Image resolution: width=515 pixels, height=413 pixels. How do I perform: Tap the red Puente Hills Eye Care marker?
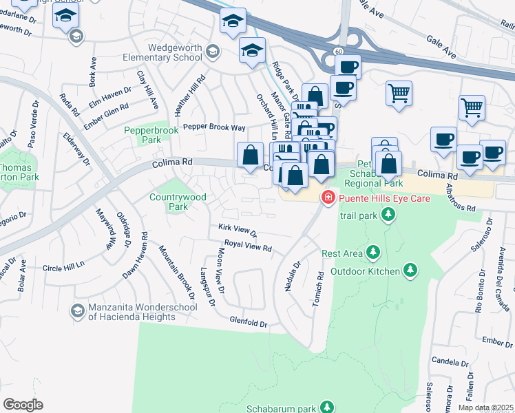click(328, 198)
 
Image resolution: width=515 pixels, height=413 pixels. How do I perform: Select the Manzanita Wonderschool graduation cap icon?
click(78, 312)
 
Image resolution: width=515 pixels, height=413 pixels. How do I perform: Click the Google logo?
click(23, 405)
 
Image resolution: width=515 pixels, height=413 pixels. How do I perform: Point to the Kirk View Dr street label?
click(237, 231)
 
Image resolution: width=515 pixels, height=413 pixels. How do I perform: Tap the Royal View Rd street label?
click(248, 245)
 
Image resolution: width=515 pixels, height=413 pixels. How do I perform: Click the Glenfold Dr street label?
click(249, 322)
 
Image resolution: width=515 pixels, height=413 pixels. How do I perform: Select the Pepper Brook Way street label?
click(213, 128)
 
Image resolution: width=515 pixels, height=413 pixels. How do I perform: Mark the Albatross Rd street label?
click(461, 198)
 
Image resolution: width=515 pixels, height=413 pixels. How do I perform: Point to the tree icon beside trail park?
click(389, 215)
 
